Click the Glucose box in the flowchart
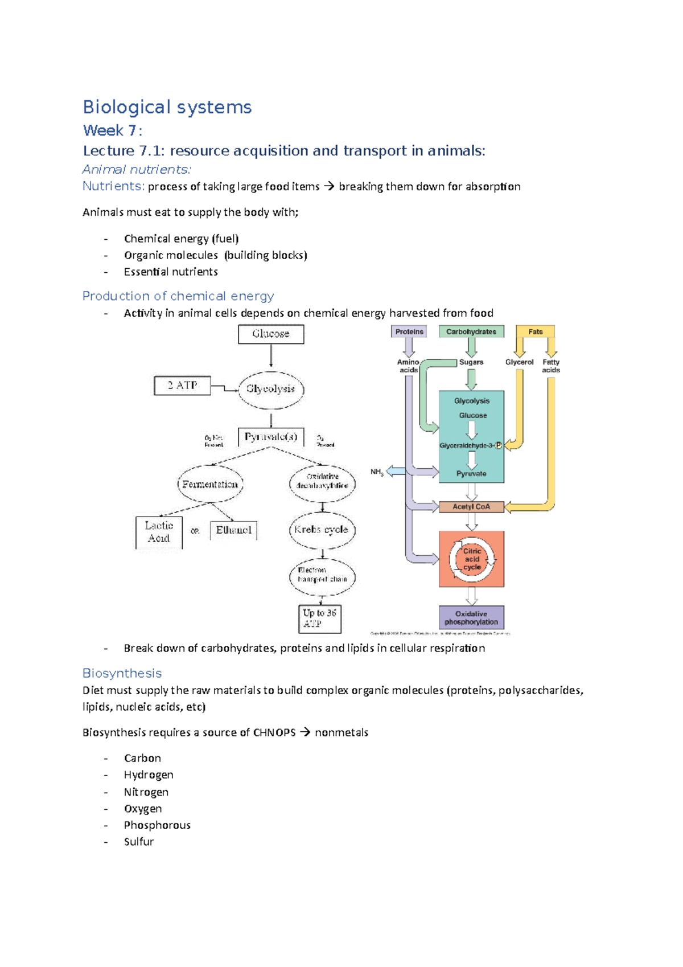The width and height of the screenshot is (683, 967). [x=271, y=334]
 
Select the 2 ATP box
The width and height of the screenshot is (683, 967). [x=182, y=386]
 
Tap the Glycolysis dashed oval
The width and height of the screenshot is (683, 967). [x=271, y=390]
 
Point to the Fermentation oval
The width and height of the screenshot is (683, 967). [x=210, y=485]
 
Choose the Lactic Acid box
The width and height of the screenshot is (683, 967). [x=159, y=532]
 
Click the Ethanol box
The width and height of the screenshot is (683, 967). [x=233, y=530]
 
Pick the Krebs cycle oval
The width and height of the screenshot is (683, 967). [x=322, y=530]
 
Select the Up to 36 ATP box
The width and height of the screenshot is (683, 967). [x=320, y=618]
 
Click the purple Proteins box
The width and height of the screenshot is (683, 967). [x=409, y=332]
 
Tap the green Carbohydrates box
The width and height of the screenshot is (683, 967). [x=471, y=332]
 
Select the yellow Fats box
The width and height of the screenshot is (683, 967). [x=535, y=332]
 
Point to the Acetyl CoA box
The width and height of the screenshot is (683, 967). [x=471, y=507]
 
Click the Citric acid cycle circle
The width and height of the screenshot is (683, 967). [x=472, y=559]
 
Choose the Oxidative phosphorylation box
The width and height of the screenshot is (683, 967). [x=471, y=618]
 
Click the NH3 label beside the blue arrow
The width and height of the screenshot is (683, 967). [x=377, y=472]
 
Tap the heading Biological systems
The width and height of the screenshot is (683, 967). [x=167, y=107]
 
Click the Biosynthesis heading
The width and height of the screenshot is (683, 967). [x=122, y=673]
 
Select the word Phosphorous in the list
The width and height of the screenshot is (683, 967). [x=157, y=825]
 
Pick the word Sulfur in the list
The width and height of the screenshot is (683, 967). [x=139, y=842]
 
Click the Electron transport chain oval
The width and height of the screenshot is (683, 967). [x=322, y=575]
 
